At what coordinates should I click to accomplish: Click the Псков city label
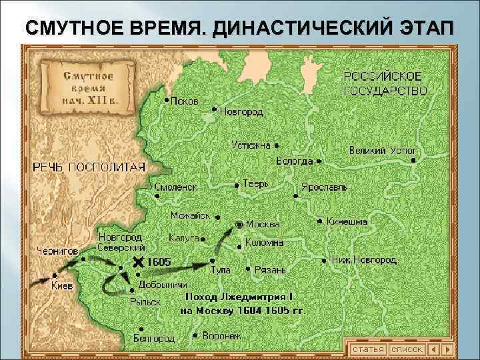pyautogui.click(x=185, y=101)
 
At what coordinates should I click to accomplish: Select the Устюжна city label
pyautogui.click(x=251, y=144)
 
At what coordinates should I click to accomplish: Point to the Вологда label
pyautogui.click(x=295, y=161)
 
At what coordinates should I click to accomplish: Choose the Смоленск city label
pyautogui.click(x=175, y=187)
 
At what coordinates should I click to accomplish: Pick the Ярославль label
pyautogui.click(x=324, y=187)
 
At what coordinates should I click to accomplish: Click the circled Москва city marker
pyautogui.click(x=239, y=224)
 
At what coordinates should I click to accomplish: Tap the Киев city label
pyautogui.click(x=62, y=285)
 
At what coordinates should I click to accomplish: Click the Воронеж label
pyautogui.click(x=222, y=336)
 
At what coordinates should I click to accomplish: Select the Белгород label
pyautogui.click(x=154, y=339)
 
